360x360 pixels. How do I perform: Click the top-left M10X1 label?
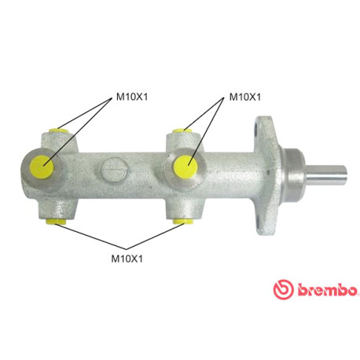coord(132,97)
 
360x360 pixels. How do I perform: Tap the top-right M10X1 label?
coord(245,97)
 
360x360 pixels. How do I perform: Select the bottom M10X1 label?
coord(127,259)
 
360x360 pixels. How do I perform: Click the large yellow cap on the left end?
coord(42,166)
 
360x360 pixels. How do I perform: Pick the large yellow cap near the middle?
coord(186,167)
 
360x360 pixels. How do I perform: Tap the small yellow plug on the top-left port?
coord(58,130)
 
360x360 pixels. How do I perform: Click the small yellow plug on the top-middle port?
coord(182,131)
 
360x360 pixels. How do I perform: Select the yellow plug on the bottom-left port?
coord(56,222)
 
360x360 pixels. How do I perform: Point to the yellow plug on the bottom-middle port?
coord(183,222)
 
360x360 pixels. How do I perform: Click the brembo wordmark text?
coord(327,290)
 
